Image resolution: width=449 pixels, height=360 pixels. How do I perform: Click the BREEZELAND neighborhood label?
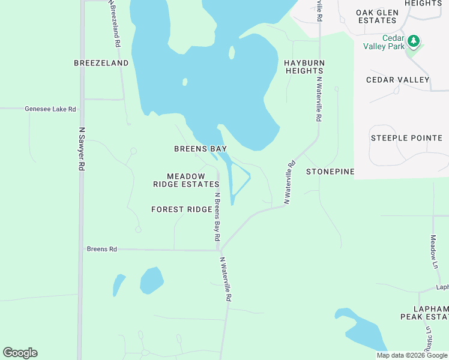(101, 63)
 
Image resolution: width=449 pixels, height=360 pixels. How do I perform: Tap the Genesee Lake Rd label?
(50, 109)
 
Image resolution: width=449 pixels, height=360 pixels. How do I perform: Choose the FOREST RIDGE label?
(181, 209)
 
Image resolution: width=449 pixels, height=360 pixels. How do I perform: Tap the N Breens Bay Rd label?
(217, 217)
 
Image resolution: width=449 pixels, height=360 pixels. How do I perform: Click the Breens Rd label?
(101, 248)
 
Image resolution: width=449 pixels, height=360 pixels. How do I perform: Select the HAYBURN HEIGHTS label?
(304, 67)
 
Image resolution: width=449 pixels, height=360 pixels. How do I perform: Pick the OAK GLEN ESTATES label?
(376, 16)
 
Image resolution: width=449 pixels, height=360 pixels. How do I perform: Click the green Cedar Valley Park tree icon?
(413, 41)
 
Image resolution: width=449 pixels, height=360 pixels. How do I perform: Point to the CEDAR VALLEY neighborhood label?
(398, 80)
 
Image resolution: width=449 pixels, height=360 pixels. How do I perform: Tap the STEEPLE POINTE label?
(406, 138)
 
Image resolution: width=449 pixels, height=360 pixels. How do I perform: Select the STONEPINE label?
(330, 172)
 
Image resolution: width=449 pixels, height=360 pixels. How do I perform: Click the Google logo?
(20, 353)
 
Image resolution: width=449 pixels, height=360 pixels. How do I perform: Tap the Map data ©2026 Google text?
(411, 355)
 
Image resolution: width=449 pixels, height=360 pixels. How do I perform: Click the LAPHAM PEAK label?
(425, 311)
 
